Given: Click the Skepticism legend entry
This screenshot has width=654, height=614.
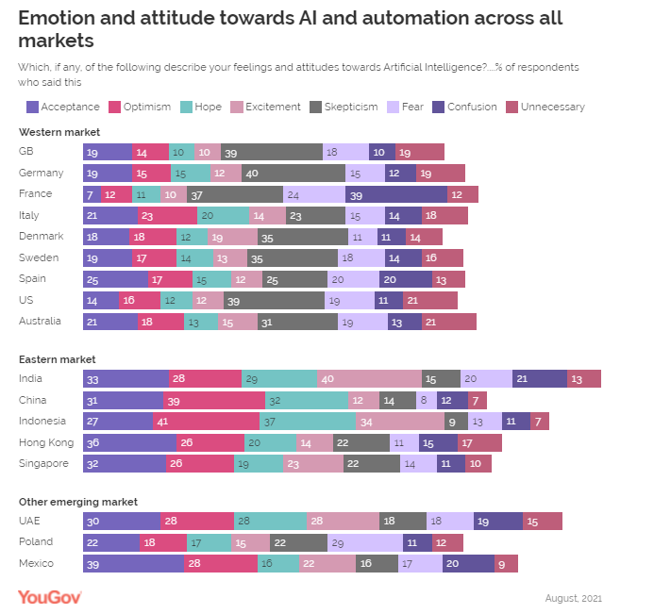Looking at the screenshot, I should coord(345,107).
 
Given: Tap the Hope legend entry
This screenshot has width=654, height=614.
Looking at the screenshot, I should coord(202,107).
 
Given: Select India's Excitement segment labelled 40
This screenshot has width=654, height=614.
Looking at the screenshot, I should coord(369,378).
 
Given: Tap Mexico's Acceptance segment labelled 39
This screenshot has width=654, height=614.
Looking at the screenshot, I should coord(133,563).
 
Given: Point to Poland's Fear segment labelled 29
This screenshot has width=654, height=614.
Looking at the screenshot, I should coord(364,542).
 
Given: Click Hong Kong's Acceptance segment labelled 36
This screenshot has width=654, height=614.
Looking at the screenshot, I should coord(129,442).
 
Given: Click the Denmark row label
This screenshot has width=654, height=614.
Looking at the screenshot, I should coord(41,236).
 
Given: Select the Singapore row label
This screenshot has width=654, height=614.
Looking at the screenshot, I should coord(43,463).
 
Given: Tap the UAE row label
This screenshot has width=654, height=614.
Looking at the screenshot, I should coord(30,520).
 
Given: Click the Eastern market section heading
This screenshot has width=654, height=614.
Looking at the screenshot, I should coord(57,359).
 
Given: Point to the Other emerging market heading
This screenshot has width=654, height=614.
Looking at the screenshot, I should coord(78,502).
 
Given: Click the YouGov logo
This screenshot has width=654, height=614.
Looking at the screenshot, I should coord(50,596).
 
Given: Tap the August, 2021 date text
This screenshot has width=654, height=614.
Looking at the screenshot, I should coord(573,598).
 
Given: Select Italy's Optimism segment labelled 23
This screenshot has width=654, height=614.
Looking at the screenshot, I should coord(168,215).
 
